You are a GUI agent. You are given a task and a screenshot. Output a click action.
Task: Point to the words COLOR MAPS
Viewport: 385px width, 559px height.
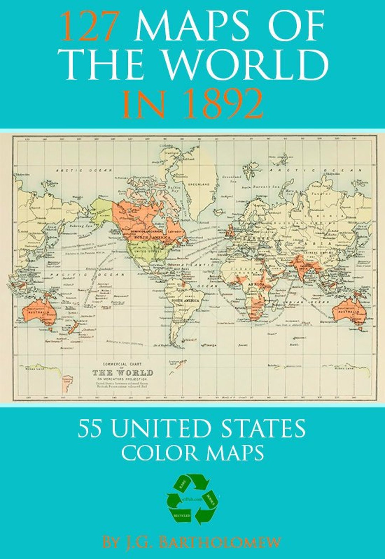[192, 453]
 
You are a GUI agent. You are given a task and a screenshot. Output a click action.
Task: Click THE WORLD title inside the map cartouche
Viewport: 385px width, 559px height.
[123, 373]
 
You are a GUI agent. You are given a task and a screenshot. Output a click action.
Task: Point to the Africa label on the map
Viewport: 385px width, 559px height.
[256, 285]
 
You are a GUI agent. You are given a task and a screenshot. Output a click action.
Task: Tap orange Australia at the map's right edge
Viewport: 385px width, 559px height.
[350, 312]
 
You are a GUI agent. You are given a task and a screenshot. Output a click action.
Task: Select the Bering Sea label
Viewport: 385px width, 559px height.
[82, 226]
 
